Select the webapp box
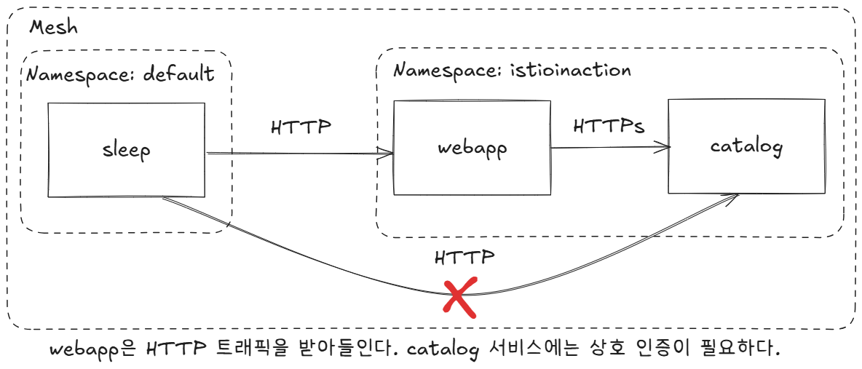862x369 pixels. (472, 148)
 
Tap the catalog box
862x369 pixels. (746, 146)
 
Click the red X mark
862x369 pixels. (461, 295)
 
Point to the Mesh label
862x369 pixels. (53, 28)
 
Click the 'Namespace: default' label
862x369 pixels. (121, 74)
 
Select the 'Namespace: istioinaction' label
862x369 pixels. (512, 70)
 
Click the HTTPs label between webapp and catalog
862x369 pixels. (609, 126)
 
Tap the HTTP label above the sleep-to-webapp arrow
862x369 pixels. (301, 126)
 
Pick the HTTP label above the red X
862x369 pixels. (464, 257)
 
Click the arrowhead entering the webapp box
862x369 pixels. (387, 154)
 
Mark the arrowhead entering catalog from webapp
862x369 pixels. (662, 148)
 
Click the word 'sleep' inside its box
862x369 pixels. (126, 151)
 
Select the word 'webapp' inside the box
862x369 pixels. (472, 148)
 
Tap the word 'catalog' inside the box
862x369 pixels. (746, 147)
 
